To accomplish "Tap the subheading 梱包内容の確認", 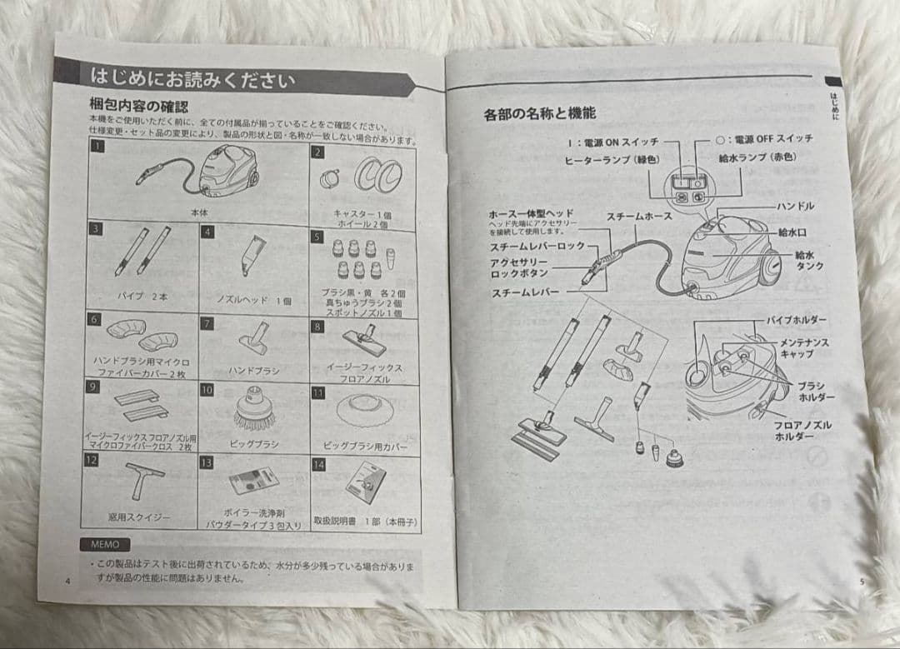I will coord(138,107).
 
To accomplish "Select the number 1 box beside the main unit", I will coord(98,147).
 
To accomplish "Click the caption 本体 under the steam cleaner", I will coord(197,213).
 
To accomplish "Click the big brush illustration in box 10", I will coord(253,409).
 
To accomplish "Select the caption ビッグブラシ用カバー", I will coord(365,445).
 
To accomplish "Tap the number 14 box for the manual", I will coord(318,465).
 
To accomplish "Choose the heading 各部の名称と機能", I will coord(540,114).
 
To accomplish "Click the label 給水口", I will coord(792,232).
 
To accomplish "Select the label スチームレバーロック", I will coord(538,247).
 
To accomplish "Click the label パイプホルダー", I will coord(797,320).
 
